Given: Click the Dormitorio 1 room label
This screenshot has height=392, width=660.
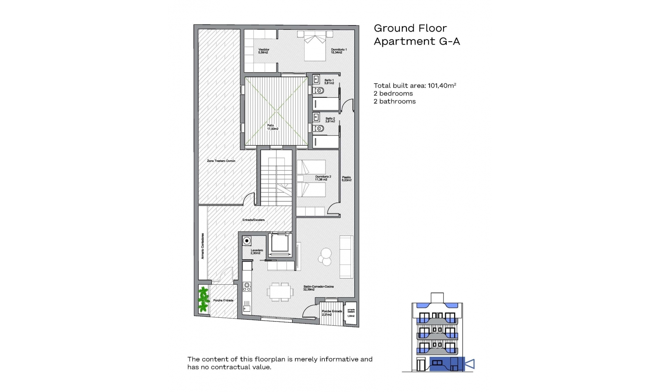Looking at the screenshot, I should [339, 51].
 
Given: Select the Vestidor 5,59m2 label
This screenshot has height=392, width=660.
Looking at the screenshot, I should [264, 51].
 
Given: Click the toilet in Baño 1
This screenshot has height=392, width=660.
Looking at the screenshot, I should [319, 91].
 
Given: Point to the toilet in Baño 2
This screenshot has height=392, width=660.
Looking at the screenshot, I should [319, 129].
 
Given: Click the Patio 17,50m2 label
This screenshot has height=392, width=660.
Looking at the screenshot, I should [272, 127].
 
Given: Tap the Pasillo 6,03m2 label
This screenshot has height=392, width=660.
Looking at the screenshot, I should [346, 179].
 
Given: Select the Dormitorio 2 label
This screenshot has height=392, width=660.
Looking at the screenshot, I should [323, 178].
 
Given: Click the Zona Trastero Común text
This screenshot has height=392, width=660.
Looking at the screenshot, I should [221, 161].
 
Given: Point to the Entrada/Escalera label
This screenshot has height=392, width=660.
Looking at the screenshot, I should [253, 220].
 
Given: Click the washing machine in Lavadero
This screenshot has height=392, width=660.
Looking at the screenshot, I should [246, 241].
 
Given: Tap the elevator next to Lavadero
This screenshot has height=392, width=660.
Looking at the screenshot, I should [279, 244].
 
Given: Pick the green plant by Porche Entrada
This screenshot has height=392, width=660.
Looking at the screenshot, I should [203, 299].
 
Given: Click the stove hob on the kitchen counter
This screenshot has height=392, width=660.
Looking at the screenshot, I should [246, 286].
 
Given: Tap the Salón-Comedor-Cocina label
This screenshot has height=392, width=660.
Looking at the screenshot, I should [318, 288].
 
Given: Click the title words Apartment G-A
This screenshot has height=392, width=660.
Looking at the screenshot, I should [417, 41].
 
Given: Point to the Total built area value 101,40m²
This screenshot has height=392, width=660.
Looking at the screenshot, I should [442, 86].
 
